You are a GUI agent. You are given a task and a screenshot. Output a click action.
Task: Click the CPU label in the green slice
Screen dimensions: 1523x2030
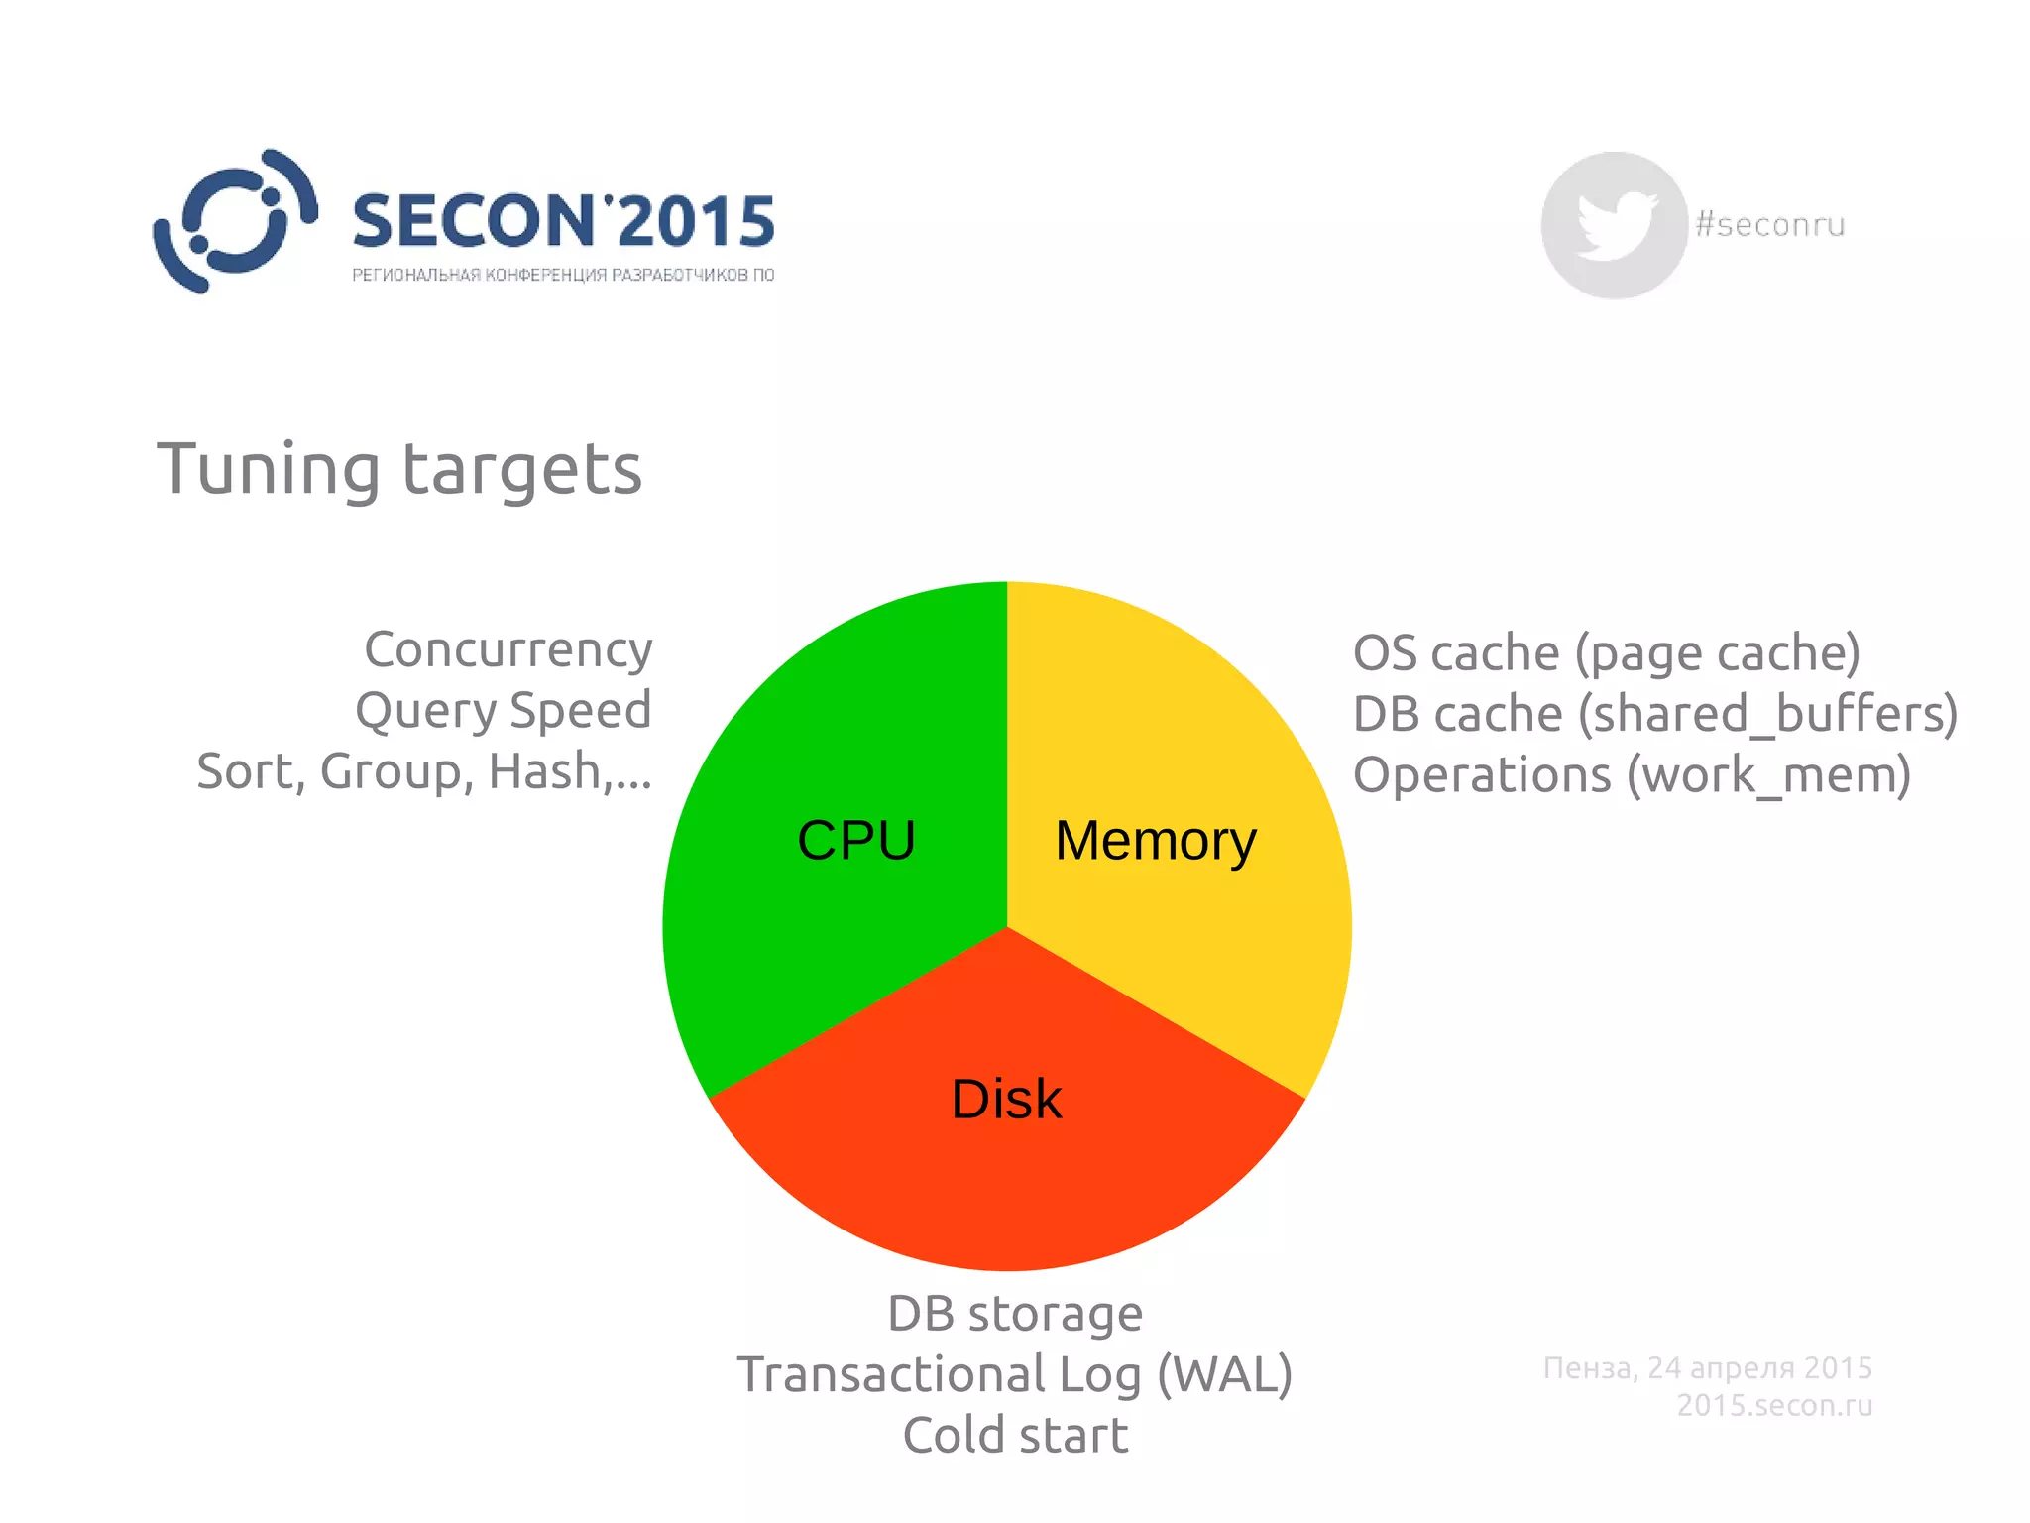856,841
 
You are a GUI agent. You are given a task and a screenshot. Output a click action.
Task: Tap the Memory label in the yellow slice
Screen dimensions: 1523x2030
1156,841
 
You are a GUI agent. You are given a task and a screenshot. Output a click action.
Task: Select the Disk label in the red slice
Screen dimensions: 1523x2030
1006,1099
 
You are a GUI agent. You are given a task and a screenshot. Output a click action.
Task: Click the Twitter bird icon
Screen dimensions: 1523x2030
1614,225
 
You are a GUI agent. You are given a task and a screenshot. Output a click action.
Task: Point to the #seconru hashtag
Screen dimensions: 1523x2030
1770,225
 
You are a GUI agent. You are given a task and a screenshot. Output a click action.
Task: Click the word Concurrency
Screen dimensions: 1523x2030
508,649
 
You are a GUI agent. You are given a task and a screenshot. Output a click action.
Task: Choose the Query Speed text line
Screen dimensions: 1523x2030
504,710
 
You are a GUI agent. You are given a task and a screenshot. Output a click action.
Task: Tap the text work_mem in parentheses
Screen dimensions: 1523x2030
1768,774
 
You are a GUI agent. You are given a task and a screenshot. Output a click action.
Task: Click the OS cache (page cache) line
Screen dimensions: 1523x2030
1606,652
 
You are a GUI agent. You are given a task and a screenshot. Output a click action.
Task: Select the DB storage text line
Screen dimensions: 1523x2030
1015,1313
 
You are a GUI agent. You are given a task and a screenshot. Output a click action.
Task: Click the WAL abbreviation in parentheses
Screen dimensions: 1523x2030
1225,1374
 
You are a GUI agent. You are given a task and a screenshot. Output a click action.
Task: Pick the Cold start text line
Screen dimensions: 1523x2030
1015,1435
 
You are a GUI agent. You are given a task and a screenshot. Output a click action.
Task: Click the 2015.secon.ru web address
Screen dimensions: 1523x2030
1774,1405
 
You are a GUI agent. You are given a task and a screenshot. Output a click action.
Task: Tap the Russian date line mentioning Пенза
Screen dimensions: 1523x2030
1708,1367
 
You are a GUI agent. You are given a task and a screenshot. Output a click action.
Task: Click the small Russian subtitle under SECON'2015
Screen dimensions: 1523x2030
563,275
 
